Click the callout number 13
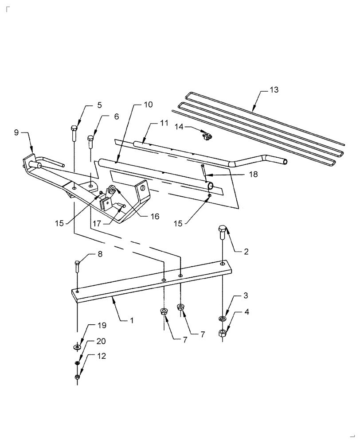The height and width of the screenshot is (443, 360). click(x=274, y=90)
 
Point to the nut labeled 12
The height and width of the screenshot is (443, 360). click(x=77, y=377)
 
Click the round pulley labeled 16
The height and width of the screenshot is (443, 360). click(x=112, y=191)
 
